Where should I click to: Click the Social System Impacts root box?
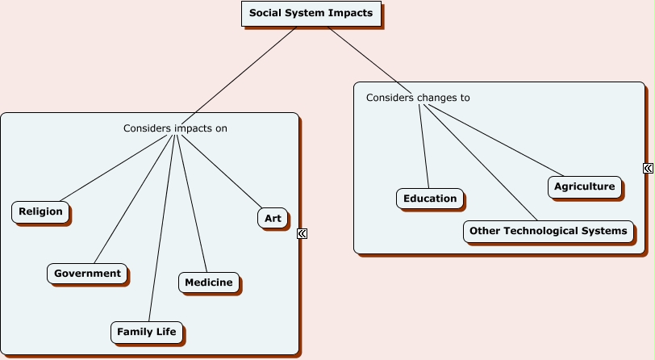click(x=311, y=14)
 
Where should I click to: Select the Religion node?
click(x=40, y=212)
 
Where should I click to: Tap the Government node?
click(x=87, y=274)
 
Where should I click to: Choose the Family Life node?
click(x=146, y=332)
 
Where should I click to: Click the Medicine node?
click(x=208, y=283)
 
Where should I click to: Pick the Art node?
click(x=273, y=218)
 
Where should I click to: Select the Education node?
click(x=430, y=199)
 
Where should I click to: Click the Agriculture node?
click(x=584, y=187)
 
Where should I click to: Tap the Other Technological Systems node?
click(x=548, y=231)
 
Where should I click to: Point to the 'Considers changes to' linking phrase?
click(x=418, y=98)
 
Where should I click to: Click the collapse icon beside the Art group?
click(x=302, y=233)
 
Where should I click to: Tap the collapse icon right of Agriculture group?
click(x=648, y=168)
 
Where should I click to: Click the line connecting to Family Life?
click(x=161, y=234)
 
